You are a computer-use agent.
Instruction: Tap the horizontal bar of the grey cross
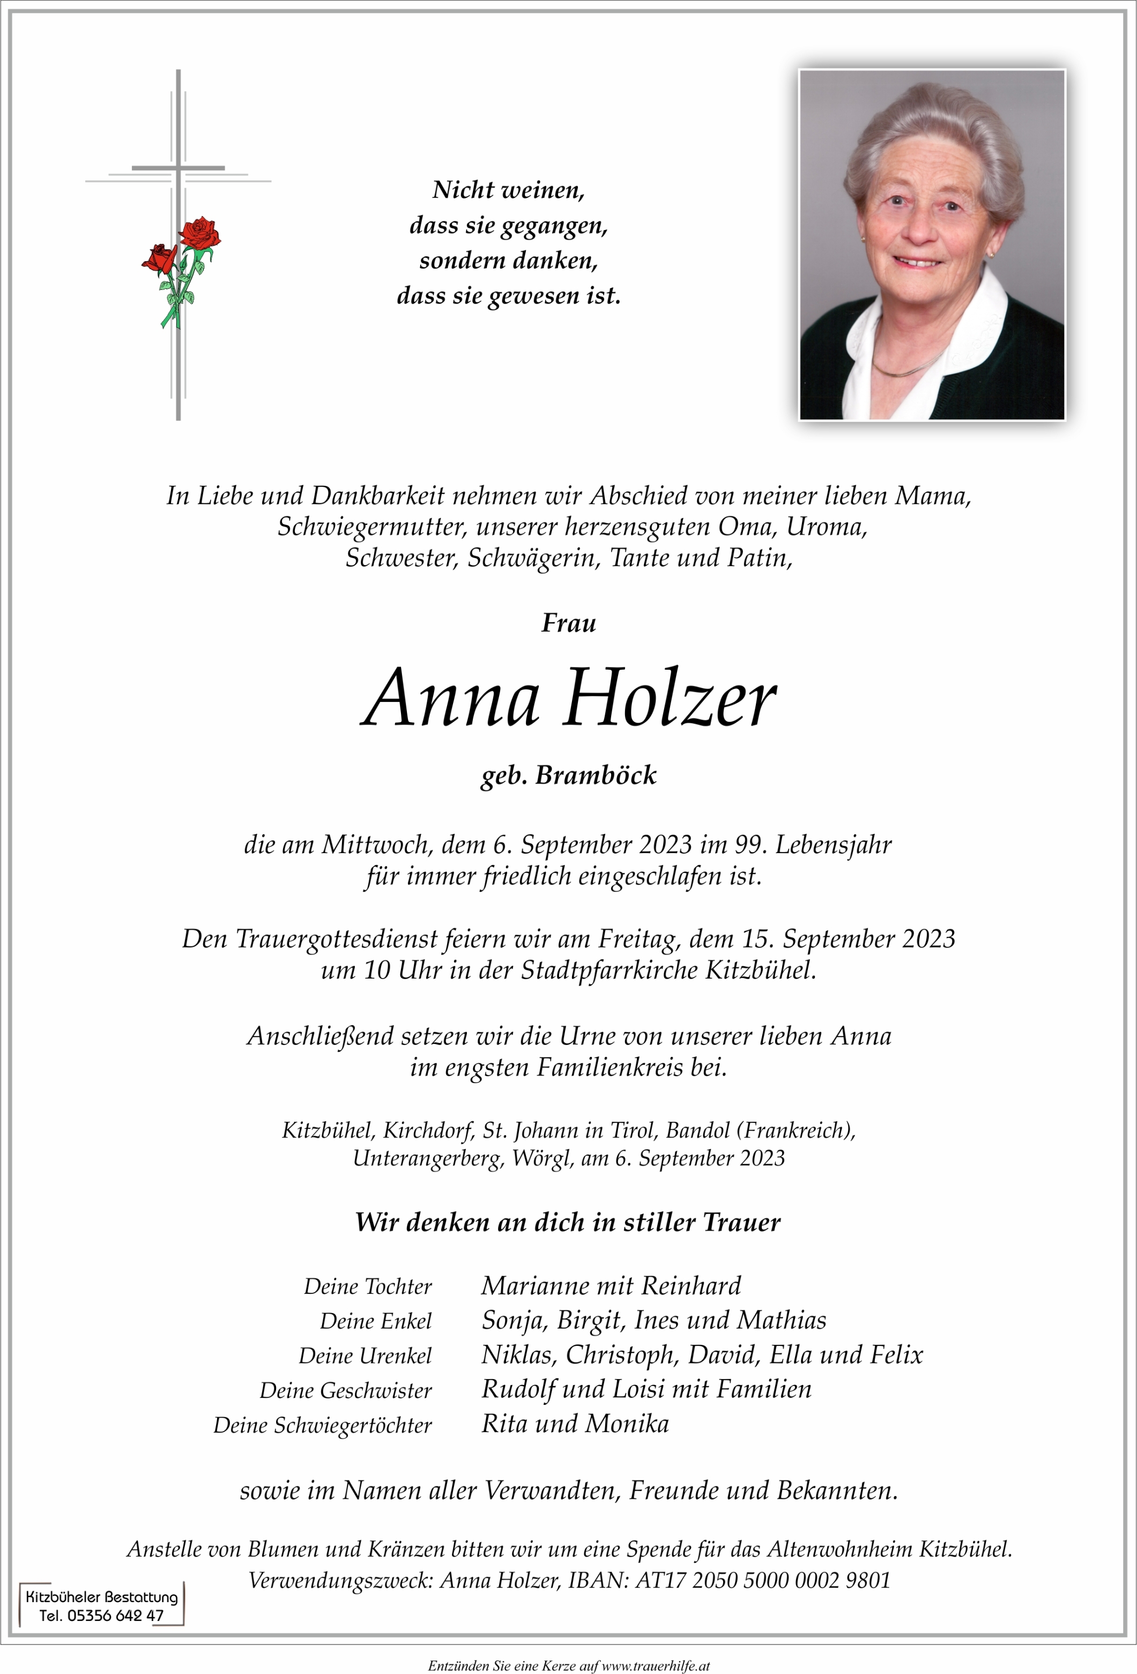coord(178,168)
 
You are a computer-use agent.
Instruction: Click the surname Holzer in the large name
coord(670,699)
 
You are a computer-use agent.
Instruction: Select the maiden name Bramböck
coord(596,775)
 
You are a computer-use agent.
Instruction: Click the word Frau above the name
coord(568,623)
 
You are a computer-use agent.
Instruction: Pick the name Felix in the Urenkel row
coord(896,1355)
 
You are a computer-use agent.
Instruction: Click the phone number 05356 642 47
coord(115,1615)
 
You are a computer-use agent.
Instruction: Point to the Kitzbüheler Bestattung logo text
coord(101,1596)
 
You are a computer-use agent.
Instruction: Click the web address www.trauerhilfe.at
coord(655,1665)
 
